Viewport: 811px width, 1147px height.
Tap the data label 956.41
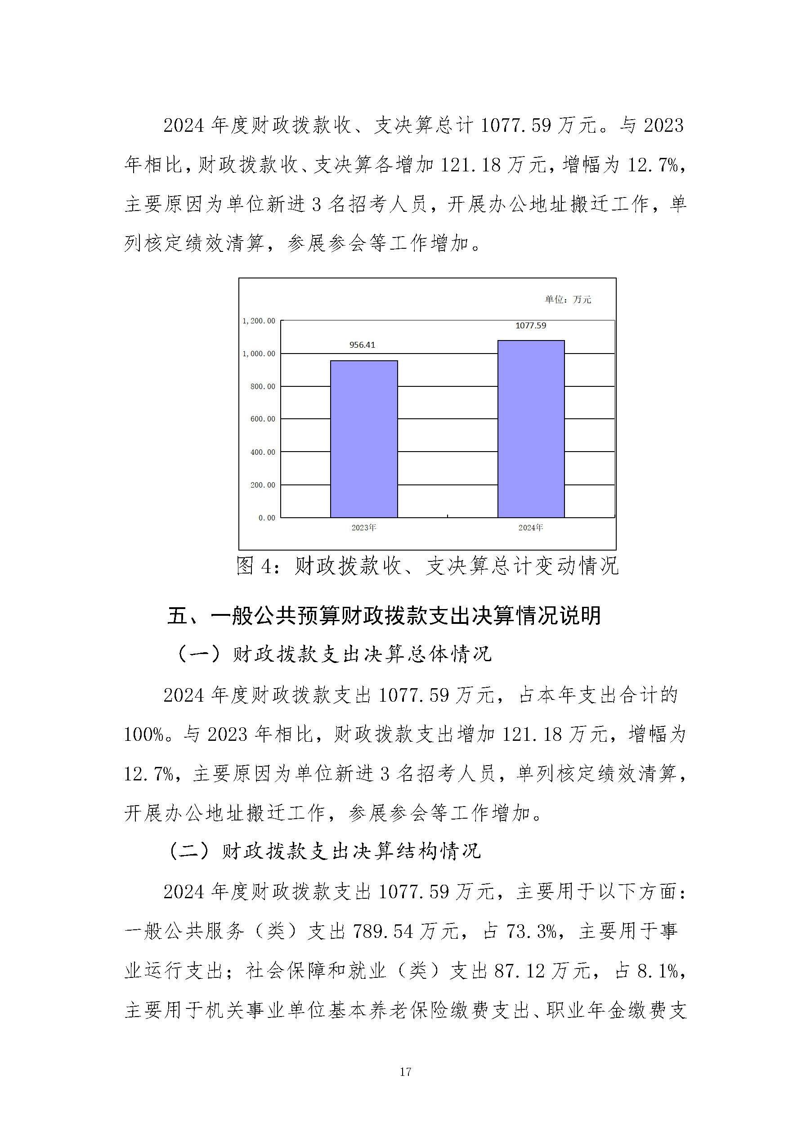[x=362, y=345]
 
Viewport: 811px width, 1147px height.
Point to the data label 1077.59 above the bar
[x=531, y=326]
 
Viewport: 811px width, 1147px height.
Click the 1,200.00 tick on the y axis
[x=259, y=321]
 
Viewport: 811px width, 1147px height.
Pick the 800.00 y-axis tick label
[x=262, y=386]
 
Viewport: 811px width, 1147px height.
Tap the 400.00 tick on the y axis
[x=262, y=452]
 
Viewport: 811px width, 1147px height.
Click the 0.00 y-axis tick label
[x=267, y=518]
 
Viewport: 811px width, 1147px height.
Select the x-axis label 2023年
[x=363, y=528]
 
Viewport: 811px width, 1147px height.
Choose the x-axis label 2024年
[x=531, y=528]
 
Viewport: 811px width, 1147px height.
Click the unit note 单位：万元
[x=568, y=299]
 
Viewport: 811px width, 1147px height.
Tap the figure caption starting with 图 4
[x=427, y=566]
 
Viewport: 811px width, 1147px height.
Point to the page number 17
[x=405, y=1071]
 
